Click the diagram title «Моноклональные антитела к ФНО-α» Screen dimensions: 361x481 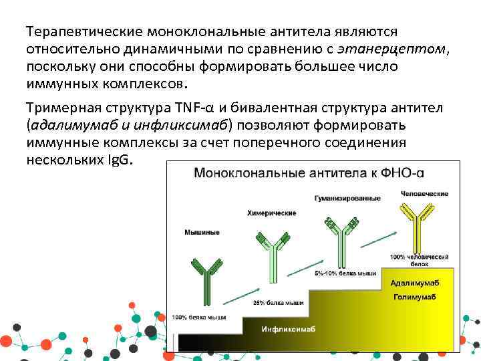click(309, 173)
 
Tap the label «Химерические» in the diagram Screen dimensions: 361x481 click(271, 213)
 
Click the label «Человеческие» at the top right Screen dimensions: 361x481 click(425, 193)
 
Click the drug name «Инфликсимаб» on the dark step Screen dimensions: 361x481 click(288, 329)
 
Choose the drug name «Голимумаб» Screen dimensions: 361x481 click(414, 296)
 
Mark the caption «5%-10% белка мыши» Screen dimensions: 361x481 click(345, 273)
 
